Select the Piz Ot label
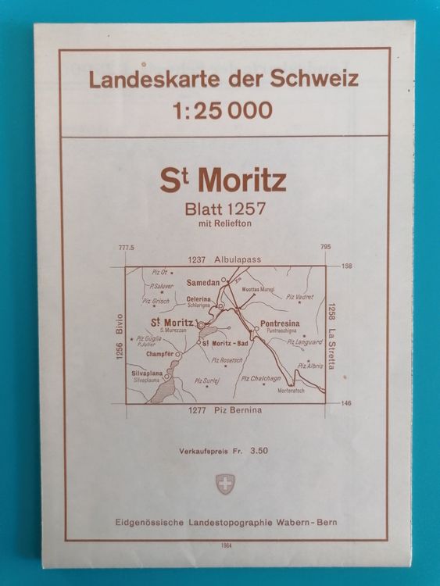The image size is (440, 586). coord(161,272)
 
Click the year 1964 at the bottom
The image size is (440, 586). coord(221,547)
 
